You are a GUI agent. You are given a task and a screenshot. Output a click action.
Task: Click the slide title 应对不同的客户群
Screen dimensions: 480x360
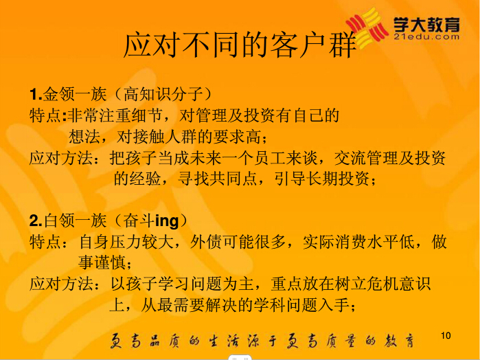pyautogui.click(x=240, y=45)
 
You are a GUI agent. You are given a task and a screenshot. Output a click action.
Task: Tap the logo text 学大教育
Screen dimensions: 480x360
pyautogui.click(x=426, y=24)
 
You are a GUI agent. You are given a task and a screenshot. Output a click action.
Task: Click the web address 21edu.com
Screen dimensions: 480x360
pyautogui.click(x=426, y=37)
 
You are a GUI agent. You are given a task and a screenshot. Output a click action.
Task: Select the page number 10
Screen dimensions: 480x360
pyautogui.click(x=446, y=335)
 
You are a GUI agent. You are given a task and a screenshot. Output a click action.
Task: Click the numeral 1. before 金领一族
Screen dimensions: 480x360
pyautogui.click(x=36, y=94)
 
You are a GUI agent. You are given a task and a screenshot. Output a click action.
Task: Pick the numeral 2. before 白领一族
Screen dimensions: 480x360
pyautogui.click(x=36, y=221)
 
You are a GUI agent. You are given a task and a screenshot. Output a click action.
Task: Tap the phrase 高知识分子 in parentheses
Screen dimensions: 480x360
pyautogui.click(x=163, y=94)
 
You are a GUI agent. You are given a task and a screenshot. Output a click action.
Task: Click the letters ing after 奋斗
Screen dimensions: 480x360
pyautogui.click(x=167, y=221)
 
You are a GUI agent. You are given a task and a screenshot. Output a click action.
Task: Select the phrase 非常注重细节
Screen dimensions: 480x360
pyautogui.click(x=115, y=115)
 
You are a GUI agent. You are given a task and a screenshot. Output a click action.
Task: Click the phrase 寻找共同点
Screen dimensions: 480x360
pyautogui.click(x=217, y=179)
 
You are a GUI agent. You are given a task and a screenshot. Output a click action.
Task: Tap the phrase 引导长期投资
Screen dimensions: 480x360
pyautogui.click(x=322, y=179)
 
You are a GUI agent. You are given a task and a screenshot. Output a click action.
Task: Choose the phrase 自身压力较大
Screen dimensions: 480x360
pyautogui.click(x=126, y=242)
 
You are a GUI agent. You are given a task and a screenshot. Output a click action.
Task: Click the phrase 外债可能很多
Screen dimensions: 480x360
pyautogui.click(x=238, y=242)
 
